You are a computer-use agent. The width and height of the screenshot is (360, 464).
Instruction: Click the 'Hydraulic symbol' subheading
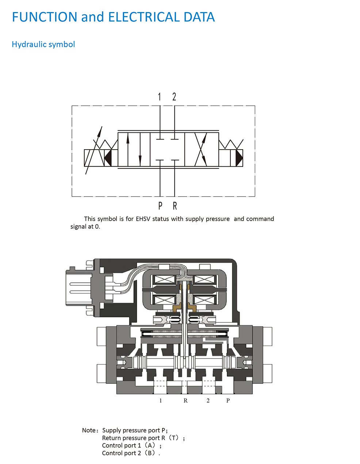(x=43, y=45)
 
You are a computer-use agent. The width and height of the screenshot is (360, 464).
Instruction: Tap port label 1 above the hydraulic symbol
(x=160, y=97)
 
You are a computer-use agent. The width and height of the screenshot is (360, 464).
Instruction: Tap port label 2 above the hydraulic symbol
(x=174, y=97)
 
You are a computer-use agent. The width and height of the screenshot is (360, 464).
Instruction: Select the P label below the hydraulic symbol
(x=160, y=206)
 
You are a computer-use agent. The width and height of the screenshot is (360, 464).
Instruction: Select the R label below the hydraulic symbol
(x=175, y=206)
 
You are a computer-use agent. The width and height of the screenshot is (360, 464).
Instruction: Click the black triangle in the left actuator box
(x=108, y=158)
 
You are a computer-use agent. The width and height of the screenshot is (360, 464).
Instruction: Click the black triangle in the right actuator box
(x=239, y=158)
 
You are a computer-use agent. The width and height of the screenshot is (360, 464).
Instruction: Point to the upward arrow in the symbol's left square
(x=128, y=149)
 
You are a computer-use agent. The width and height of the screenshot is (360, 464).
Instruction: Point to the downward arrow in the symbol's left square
(x=140, y=149)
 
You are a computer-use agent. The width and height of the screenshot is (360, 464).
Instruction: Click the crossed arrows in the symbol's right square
(x=201, y=149)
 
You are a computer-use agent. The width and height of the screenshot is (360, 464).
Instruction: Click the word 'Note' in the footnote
(x=89, y=430)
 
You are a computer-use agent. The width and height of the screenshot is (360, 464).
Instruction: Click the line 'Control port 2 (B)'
(x=131, y=453)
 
